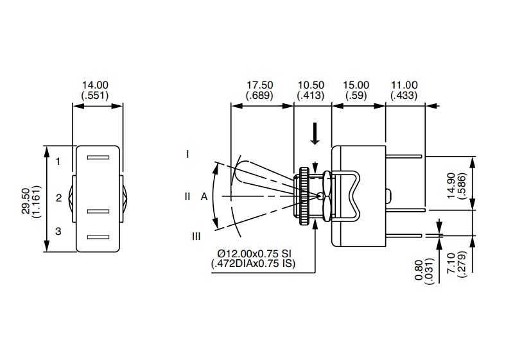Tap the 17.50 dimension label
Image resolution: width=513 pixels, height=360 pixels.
(259, 85)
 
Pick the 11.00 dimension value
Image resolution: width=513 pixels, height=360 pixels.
(403, 85)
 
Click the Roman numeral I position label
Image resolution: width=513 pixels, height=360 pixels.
(187, 154)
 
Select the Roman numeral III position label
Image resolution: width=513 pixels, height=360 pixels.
(196, 236)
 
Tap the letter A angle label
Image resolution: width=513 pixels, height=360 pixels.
(204, 197)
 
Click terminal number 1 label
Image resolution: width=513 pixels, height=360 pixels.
(58, 161)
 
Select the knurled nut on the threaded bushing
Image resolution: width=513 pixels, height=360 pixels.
(302, 196)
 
